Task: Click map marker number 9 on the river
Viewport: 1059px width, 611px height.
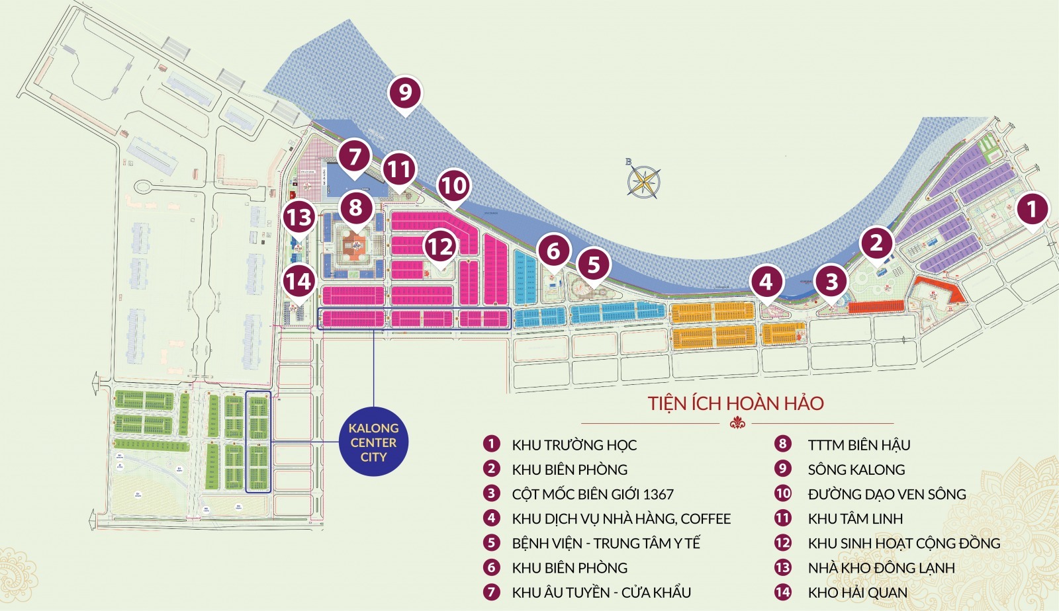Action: point(405,93)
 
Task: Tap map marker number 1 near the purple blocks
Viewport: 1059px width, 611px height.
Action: point(1031,210)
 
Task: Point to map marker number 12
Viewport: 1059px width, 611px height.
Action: point(440,247)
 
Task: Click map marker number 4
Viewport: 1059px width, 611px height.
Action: point(766,282)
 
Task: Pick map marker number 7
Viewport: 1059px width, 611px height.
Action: point(355,157)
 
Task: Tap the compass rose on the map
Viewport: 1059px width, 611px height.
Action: point(643,181)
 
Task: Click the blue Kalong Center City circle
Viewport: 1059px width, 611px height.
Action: point(373,442)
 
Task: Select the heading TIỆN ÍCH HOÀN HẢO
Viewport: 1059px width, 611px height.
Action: point(736,403)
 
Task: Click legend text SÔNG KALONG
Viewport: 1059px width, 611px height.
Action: point(856,469)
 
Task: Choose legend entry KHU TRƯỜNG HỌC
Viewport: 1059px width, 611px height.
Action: point(574,445)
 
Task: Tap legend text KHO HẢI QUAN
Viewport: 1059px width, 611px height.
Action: point(857,592)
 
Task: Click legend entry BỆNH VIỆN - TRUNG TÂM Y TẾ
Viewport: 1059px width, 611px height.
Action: point(606,544)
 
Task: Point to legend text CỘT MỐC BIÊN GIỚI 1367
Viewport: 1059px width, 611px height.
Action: point(592,494)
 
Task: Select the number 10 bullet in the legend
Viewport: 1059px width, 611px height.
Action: point(783,493)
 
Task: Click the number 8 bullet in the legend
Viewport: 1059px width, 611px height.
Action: point(783,444)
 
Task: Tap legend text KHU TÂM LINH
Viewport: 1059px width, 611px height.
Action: point(855,519)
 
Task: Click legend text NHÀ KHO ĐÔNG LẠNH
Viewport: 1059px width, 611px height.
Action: point(881,568)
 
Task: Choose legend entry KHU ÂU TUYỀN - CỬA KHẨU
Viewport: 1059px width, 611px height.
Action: point(601,592)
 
